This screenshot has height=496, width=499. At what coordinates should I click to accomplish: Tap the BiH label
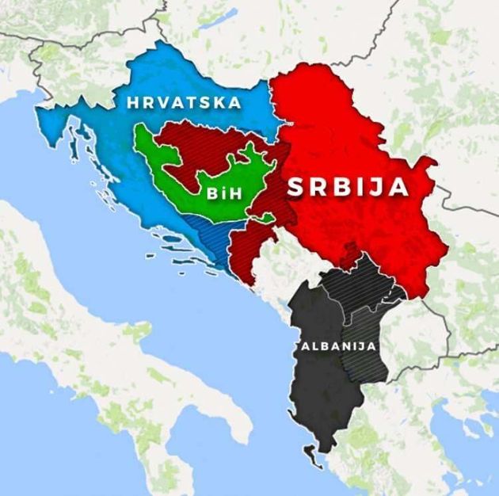coord(223,193)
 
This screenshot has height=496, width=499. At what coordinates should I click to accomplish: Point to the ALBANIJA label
coord(337,347)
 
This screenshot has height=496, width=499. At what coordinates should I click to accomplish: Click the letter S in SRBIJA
coord(295,188)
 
